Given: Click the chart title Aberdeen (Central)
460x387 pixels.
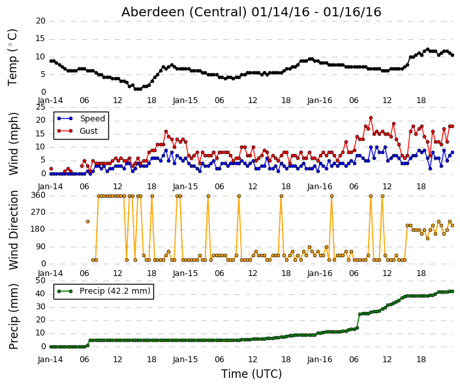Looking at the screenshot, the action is coord(184,12).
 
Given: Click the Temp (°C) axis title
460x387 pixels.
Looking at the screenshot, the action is coord(12,57).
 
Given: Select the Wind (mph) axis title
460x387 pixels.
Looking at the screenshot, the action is coord(14,144).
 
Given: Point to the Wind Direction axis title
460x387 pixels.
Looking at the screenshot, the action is coord(14,230).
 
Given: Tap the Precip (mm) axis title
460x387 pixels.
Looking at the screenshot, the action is coord(14,317).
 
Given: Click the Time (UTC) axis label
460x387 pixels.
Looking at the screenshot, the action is coord(251,374).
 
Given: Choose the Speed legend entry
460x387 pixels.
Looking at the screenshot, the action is coord(82,119).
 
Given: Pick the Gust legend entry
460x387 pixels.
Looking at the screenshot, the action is coord(78,131).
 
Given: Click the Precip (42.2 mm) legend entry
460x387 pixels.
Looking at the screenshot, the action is coord(104,291).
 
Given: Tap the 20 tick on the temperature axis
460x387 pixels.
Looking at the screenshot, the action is coord(41,21).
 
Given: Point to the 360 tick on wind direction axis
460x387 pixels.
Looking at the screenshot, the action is coord(38,195).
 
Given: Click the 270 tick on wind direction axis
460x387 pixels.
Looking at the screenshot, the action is coord(38,212).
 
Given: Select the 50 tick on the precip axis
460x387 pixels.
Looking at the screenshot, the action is coord(41,281).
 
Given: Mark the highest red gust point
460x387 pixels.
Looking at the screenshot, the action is coord(371,118).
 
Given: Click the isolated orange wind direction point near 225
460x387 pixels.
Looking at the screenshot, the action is coord(87,221).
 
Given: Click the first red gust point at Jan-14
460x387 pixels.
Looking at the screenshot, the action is coord(51,169).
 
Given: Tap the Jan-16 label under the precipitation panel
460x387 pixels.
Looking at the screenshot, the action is coord(320,360).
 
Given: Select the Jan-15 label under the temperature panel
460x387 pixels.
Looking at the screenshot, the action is coord(185,101).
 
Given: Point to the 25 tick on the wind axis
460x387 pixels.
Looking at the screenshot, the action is coord(41,107).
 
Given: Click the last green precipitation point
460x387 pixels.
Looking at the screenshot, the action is coord(452,291).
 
